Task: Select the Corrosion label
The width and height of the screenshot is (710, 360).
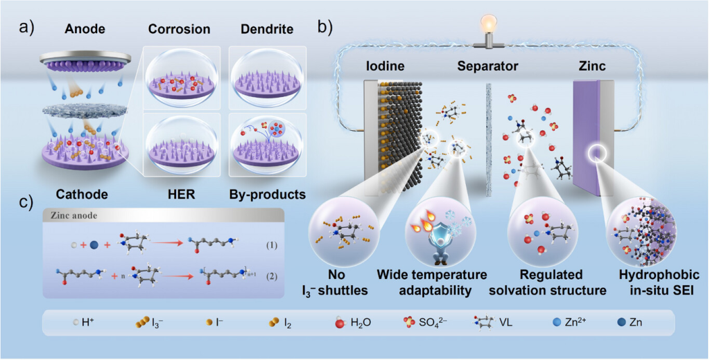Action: pyautogui.click(x=178, y=29)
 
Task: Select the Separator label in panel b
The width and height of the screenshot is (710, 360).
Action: pyautogui.click(x=488, y=67)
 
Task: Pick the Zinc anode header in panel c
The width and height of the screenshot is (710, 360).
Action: pyautogui.click(x=73, y=215)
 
